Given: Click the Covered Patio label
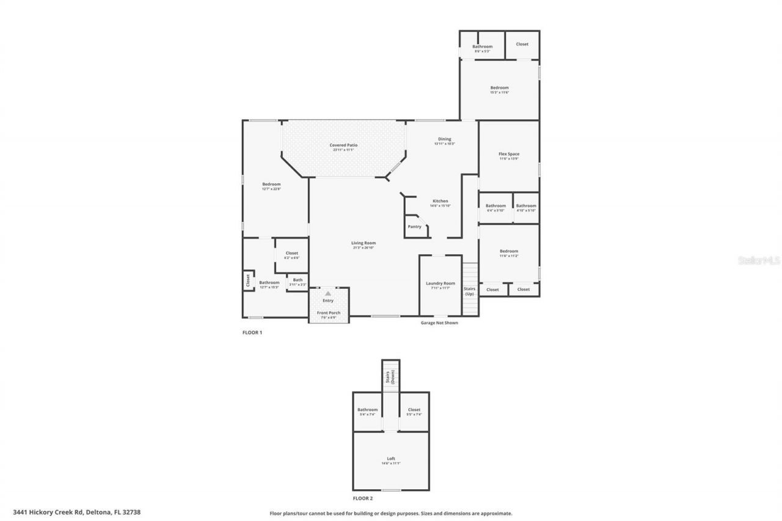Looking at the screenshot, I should tap(343, 145).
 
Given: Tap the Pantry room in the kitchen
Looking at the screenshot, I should tap(415, 227).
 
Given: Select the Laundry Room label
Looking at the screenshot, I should tap(440, 283).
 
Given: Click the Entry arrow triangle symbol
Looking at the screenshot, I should tap(328, 294).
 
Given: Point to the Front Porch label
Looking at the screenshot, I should tap(328, 313).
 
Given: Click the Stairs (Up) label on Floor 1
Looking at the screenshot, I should tap(469, 291).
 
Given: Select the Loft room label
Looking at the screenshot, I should tap(391, 459).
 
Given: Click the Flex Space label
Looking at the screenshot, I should tap(508, 154).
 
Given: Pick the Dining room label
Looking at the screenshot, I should tap(444, 139).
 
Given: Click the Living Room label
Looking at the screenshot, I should tap(363, 243).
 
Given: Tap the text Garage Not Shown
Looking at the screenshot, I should tap(439, 322).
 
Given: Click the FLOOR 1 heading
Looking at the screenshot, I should tap(252, 332).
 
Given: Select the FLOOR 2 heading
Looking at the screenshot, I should tap(362, 498).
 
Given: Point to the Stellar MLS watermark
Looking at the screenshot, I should tap(759, 260).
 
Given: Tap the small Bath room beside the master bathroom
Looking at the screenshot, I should tap(298, 280).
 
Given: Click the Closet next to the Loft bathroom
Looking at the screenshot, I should tap(414, 410).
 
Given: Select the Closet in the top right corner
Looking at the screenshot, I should tap(522, 44).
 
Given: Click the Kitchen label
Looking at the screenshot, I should tap(440, 201).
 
